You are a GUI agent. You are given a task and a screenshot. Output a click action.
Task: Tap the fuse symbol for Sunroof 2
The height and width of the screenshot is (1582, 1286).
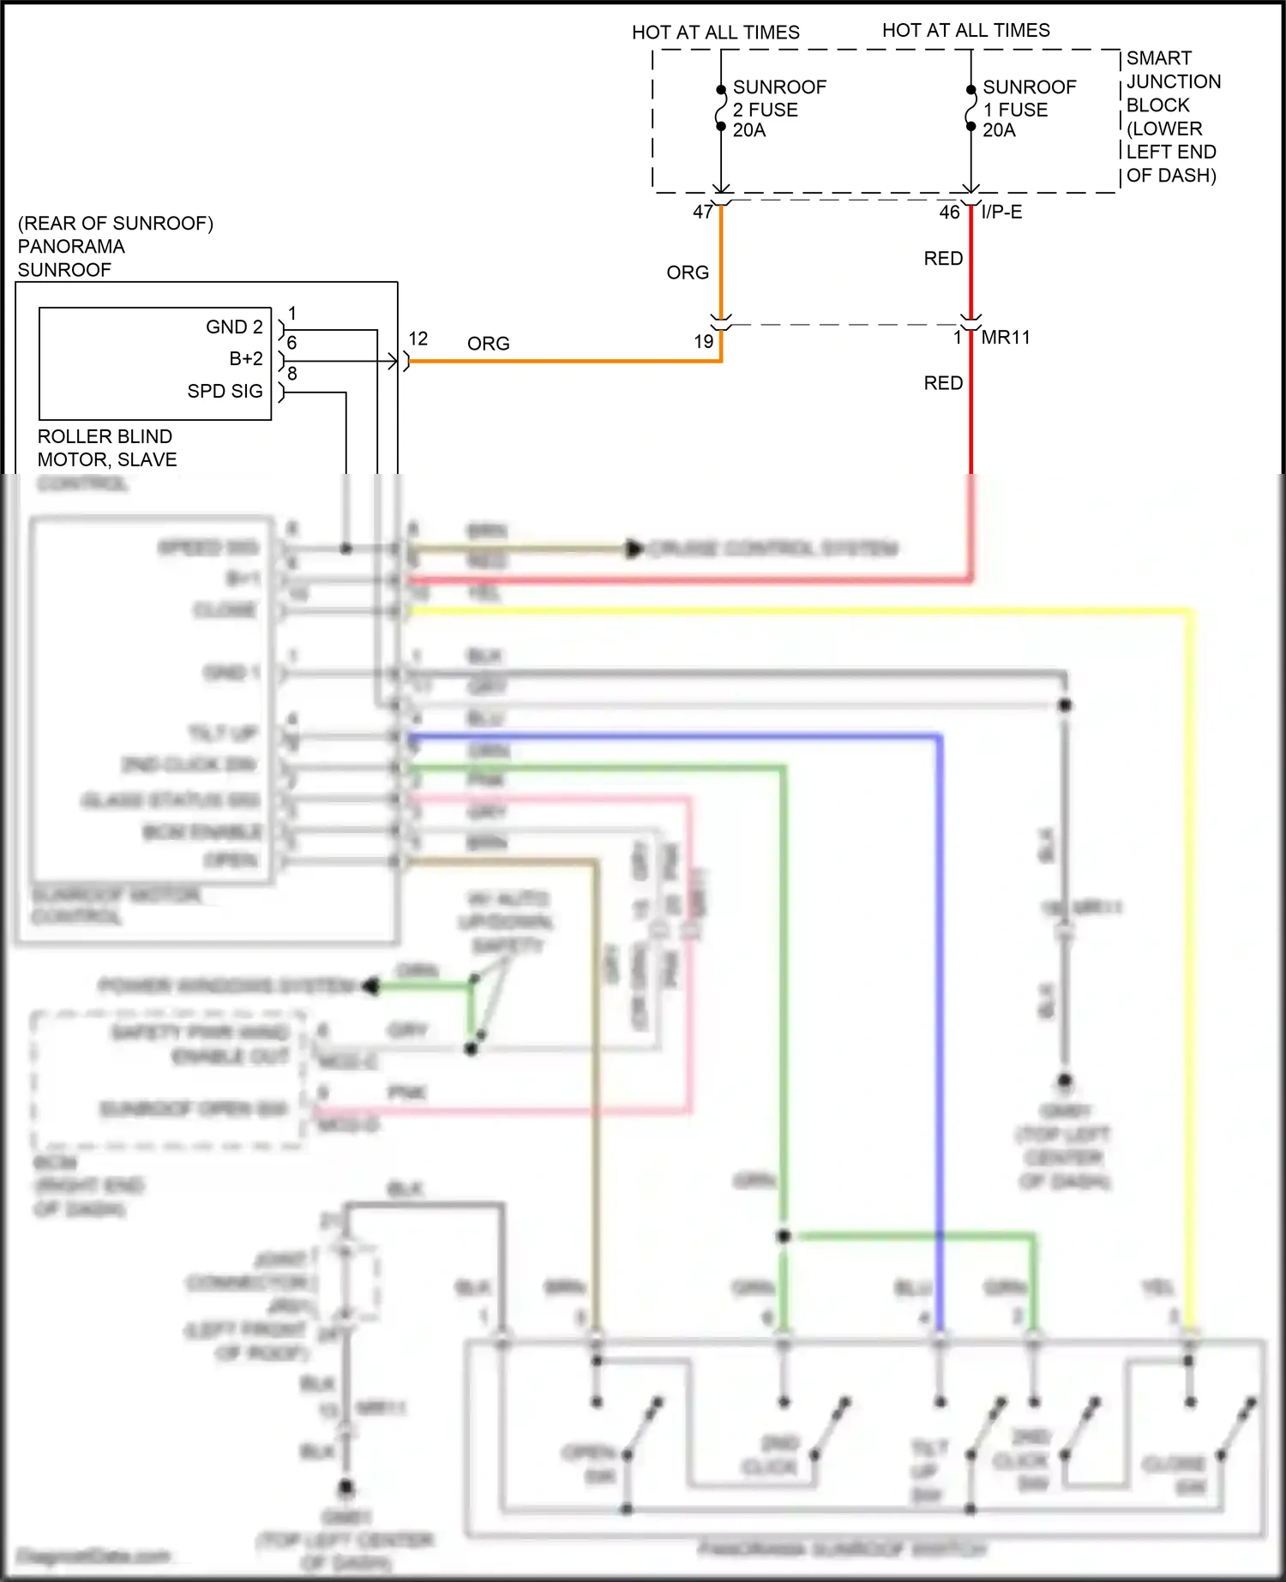tap(721, 108)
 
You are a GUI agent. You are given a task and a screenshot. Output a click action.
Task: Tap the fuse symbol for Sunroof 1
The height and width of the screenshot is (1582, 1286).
tap(971, 108)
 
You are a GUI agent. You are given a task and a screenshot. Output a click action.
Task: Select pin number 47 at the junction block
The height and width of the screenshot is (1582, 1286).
tap(702, 212)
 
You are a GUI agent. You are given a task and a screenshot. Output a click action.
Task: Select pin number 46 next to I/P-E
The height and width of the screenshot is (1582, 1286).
tap(949, 212)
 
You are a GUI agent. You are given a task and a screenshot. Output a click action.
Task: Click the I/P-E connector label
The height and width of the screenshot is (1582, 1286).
tap(1001, 212)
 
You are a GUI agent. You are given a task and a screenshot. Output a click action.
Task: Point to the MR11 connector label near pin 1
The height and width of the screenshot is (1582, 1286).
tap(1006, 338)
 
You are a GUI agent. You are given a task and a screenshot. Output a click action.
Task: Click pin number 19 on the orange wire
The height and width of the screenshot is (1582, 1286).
tap(703, 342)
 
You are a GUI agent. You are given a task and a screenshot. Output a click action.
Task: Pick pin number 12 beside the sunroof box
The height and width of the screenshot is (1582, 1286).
tap(418, 339)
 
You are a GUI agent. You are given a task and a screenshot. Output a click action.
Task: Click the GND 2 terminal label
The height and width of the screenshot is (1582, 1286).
tap(234, 327)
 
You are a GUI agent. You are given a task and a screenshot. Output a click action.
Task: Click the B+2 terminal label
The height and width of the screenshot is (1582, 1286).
tap(246, 359)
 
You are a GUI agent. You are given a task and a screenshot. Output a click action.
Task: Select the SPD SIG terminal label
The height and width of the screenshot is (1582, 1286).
tap(225, 392)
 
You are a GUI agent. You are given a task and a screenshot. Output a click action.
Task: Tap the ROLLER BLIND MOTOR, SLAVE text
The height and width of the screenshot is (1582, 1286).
tap(107, 448)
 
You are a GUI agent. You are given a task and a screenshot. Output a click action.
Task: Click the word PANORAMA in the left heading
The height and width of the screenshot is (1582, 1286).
tap(71, 247)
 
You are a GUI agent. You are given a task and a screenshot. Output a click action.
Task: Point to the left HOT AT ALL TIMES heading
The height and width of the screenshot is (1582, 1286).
tap(715, 33)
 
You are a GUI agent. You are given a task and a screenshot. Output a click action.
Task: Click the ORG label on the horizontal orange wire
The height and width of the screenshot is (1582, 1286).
tap(488, 344)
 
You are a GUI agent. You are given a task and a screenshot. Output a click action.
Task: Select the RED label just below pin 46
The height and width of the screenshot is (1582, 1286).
tap(943, 259)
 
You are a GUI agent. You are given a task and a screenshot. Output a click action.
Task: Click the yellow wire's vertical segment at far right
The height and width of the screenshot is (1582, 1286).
tap(1191, 943)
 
